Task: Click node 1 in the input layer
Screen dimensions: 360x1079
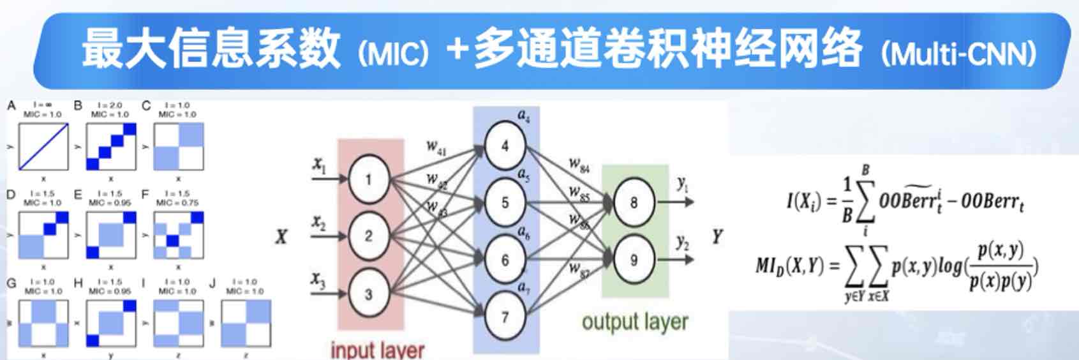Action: coord(368,179)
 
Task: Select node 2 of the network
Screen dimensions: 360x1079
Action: coord(368,236)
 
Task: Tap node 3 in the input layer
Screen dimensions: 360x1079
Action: coord(368,294)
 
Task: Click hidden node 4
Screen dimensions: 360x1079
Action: coord(505,146)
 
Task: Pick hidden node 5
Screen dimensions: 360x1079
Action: coord(505,203)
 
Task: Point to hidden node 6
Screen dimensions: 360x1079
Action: coord(505,260)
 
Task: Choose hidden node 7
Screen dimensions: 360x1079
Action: coord(505,317)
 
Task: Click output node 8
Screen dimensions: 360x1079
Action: coord(634,203)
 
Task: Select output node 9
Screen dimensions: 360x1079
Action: coord(634,260)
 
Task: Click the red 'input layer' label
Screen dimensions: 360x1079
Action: coord(377,350)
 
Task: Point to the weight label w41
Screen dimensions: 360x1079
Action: coord(436,147)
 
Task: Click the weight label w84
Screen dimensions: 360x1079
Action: coord(579,166)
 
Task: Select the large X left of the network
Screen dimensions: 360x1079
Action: coord(281,237)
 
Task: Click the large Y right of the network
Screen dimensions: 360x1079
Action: coord(717,237)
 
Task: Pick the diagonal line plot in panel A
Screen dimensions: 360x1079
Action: coord(43,147)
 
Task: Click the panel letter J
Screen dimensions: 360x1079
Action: coord(212,283)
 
